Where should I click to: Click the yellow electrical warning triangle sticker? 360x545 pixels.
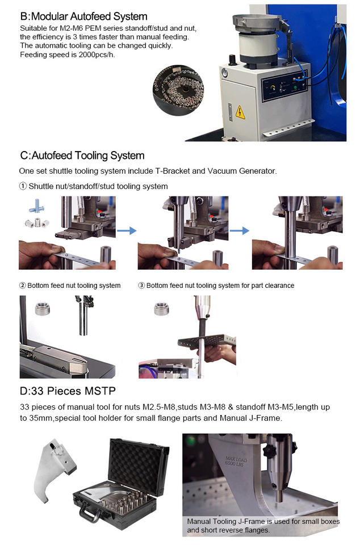point(240,112)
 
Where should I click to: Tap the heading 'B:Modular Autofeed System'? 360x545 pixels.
point(83,16)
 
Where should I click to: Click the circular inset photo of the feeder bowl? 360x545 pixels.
point(178,90)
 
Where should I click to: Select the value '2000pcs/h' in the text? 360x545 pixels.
point(97,54)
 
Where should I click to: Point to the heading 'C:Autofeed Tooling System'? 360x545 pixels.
point(82,156)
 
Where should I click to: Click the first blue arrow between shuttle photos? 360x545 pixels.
point(127,230)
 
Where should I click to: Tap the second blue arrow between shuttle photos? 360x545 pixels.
point(240,230)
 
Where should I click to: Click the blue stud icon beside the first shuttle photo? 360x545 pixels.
point(36,206)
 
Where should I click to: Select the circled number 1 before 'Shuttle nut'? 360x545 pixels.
point(23,186)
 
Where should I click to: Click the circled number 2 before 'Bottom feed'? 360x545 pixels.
point(23,286)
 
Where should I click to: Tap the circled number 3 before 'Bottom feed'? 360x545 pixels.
point(141,286)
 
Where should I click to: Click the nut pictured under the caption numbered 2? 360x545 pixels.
point(43,309)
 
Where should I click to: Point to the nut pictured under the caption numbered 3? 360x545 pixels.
point(162,309)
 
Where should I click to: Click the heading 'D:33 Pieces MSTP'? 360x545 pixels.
point(68,391)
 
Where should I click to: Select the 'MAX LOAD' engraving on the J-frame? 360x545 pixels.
point(236,461)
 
